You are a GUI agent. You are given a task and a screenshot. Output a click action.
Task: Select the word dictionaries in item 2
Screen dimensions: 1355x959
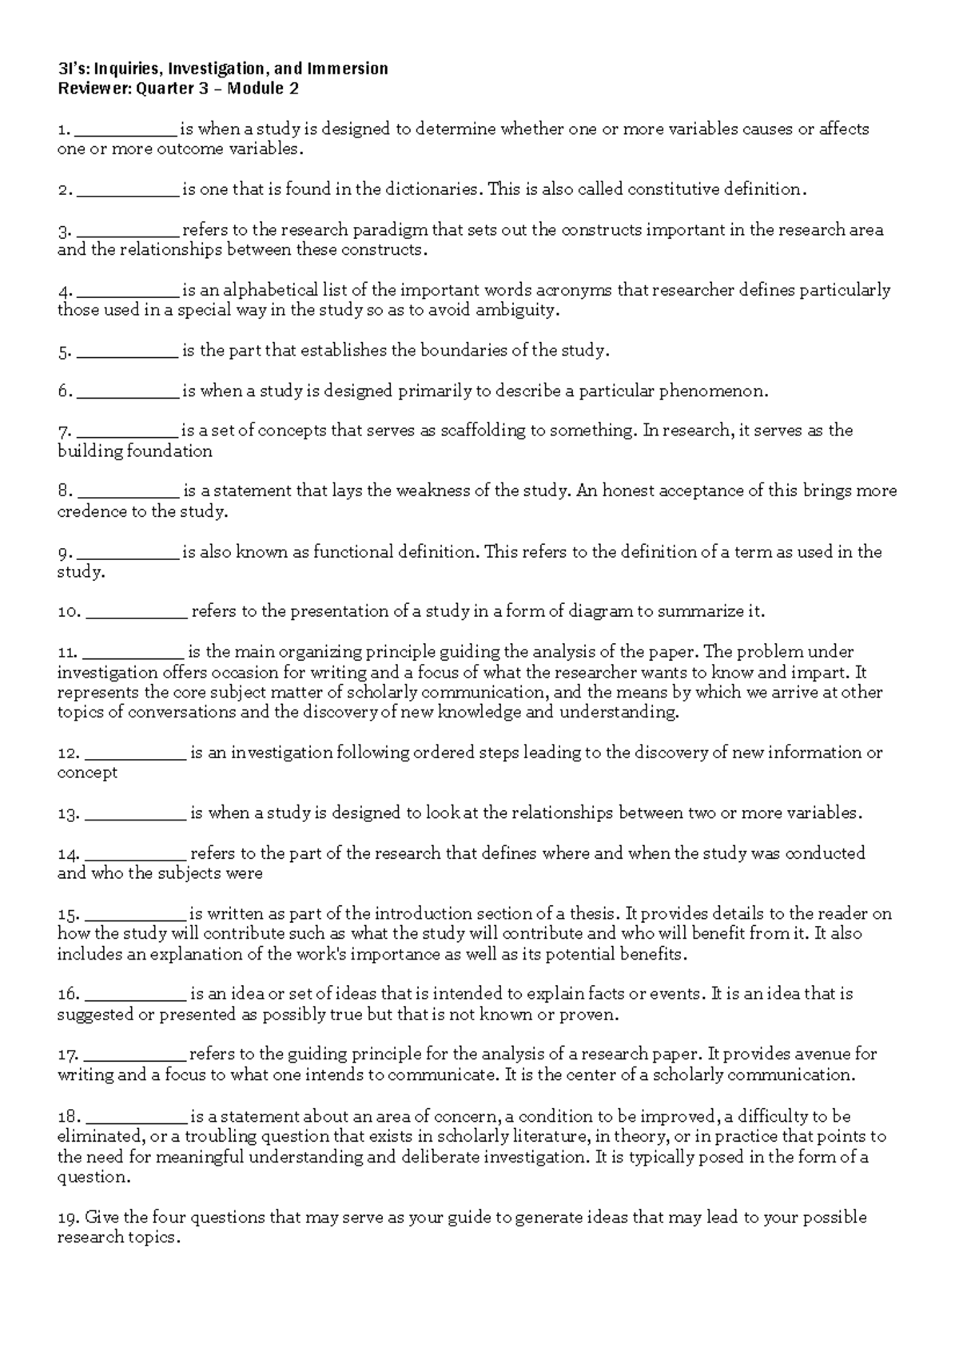point(432,189)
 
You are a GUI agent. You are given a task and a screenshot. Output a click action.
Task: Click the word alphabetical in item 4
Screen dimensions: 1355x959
point(272,290)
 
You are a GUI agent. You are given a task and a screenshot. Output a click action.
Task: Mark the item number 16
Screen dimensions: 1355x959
point(68,995)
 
